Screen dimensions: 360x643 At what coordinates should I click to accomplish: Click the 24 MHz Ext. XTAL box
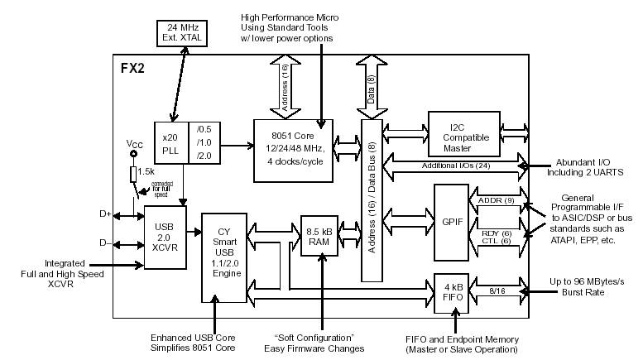click(180, 32)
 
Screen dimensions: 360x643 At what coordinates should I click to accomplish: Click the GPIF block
click(450, 222)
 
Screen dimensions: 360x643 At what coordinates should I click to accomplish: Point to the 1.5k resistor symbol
click(133, 174)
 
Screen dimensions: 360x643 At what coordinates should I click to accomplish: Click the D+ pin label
click(105, 214)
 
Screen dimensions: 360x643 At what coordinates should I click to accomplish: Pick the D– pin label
click(105, 242)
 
